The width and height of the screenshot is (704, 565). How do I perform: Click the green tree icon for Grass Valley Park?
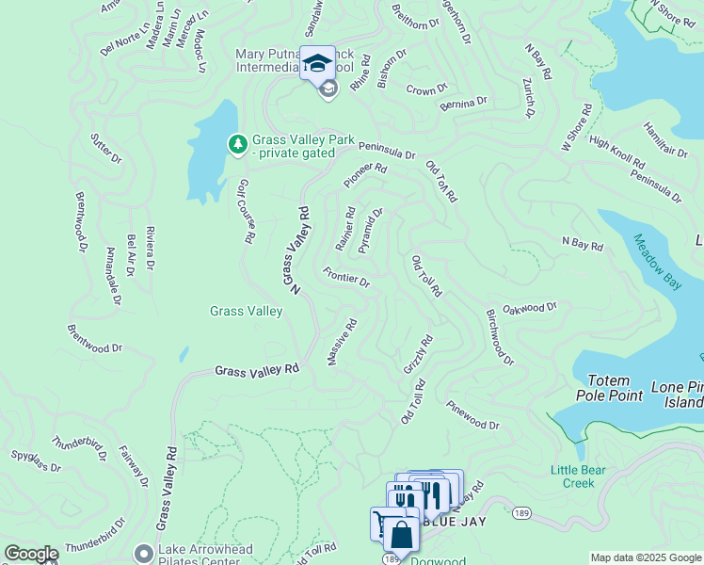click(x=238, y=144)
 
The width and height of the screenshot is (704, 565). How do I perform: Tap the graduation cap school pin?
click(x=317, y=63)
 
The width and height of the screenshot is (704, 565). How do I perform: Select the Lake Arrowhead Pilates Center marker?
click(x=143, y=552)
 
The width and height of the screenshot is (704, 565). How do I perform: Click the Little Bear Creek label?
click(x=572, y=476)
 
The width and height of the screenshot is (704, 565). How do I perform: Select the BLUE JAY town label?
click(x=455, y=522)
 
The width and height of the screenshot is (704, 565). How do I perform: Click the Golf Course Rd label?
click(x=246, y=212)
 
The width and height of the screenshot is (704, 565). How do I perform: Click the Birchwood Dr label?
click(x=500, y=336)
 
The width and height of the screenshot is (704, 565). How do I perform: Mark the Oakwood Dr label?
click(x=530, y=307)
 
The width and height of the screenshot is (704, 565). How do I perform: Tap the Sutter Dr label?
click(x=105, y=148)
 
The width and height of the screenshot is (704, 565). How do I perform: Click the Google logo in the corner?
click(x=31, y=554)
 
